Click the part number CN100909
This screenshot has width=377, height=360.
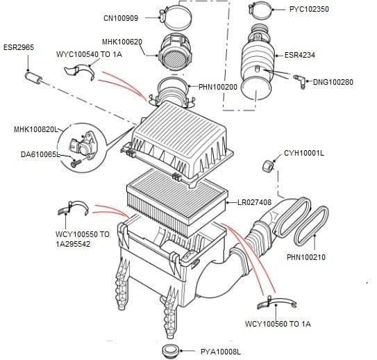point(122,18)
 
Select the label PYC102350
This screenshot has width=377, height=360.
point(310,10)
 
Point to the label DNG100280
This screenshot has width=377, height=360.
point(333,82)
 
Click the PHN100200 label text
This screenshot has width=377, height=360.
point(218,87)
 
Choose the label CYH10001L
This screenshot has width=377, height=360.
point(304,152)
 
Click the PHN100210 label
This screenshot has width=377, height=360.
point(305,257)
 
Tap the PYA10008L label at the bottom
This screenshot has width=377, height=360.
point(221,352)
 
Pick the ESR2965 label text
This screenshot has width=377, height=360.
point(17,48)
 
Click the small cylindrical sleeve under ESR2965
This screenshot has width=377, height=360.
point(33,74)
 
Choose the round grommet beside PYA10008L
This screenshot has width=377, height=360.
point(170,350)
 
